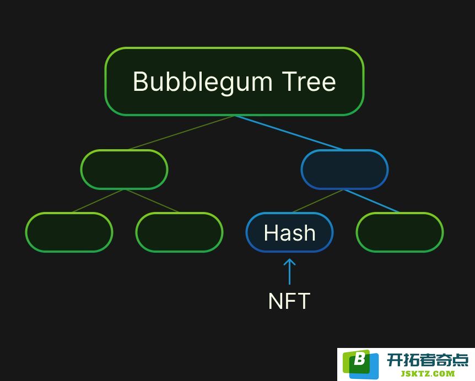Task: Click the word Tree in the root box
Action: pyautogui.click(x=309, y=81)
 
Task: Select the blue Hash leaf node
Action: pyautogui.click(x=290, y=232)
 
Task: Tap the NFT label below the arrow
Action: pyautogui.click(x=289, y=301)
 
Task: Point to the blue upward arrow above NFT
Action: pyautogui.click(x=290, y=271)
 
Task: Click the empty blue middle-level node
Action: pyautogui.click(x=345, y=170)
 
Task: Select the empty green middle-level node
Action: pyautogui.click(x=124, y=170)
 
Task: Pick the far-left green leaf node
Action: pyautogui.click(x=69, y=232)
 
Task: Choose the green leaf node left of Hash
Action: pyautogui.click(x=179, y=232)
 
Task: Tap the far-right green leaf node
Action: pyautogui.click(x=400, y=232)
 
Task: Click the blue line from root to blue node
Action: pyautogui.click(x=289, y=133)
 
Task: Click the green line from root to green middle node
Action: pyautogui.click(x=182, y=133)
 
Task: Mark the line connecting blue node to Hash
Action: pyautogui.click(x=318, y=201)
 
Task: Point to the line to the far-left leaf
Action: pyautogui.click(x=98, y=201)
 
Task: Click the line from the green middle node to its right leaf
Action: pyautogui.click(x=152, y=201)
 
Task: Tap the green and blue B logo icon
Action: pyautogui.click(x=360, y=364)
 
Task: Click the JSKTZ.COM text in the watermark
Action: pyautogui.click(x=428, y=374)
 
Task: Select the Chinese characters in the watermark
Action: pyautogui.click(x=428, y=360)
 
